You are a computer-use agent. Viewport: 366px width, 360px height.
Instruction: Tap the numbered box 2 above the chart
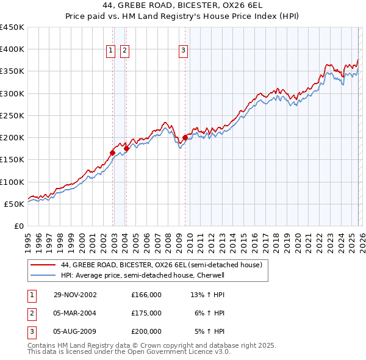pyautogui.click(x=124, y=51)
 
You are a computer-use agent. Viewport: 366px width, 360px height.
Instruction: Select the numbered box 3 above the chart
pyautogui.click(x=184, y=51)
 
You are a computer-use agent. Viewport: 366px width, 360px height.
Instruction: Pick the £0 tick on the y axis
pyautogui.click(x=18, y=226)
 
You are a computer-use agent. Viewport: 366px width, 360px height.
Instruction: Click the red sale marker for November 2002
pyautogui.click(x=113, y=153)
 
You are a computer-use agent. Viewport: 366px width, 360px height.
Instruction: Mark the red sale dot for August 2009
pyautogui.click(x=185, y=138)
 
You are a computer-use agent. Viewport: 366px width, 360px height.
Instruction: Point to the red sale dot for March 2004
pyautogui.click(x=126, y=148)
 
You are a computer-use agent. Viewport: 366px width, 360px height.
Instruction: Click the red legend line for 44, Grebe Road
pyautogui.click(x=42, y=265)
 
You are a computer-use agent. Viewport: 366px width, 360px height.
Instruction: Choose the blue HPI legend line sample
pyautogui.click(x=42, y=275)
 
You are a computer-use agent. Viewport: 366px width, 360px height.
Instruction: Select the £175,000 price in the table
pyautogui.click(x=146, y=313)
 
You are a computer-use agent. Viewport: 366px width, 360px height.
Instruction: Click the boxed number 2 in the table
pyautogui.click(x=32, y=313)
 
